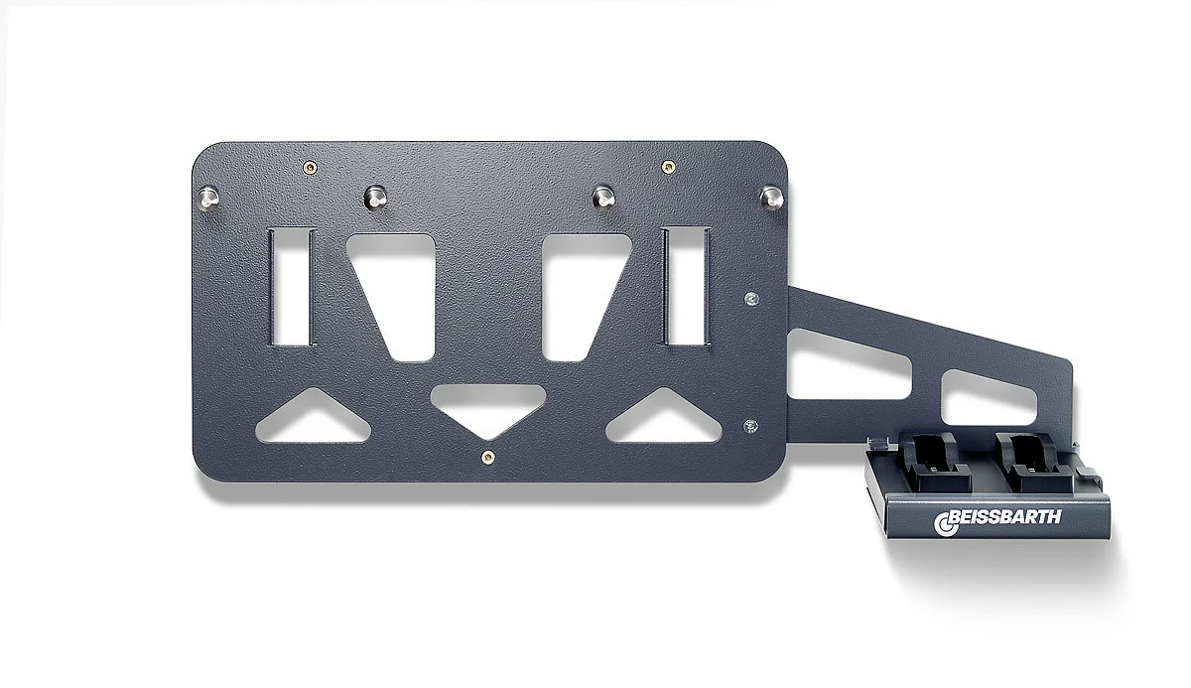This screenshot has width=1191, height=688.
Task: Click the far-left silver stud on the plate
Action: [207, 198]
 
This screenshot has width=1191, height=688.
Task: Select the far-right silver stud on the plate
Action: [771, 198]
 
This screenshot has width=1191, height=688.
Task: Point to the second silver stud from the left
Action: [375, 198]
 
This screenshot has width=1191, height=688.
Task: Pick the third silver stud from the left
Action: [603, 198]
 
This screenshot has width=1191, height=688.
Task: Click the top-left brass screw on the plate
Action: [310, 168]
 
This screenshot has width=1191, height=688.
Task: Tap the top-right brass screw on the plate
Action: [668, 167]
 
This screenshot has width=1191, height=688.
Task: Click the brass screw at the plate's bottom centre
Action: [487, 457]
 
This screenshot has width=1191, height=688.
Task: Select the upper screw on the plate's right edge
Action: [751, 299]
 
